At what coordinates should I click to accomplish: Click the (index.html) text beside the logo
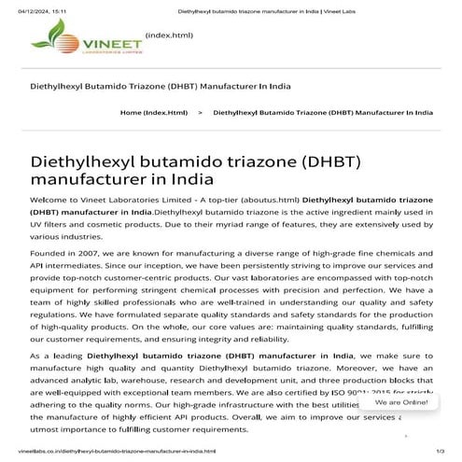pos(169,35)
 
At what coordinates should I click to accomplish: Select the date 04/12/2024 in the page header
pos(21,9)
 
